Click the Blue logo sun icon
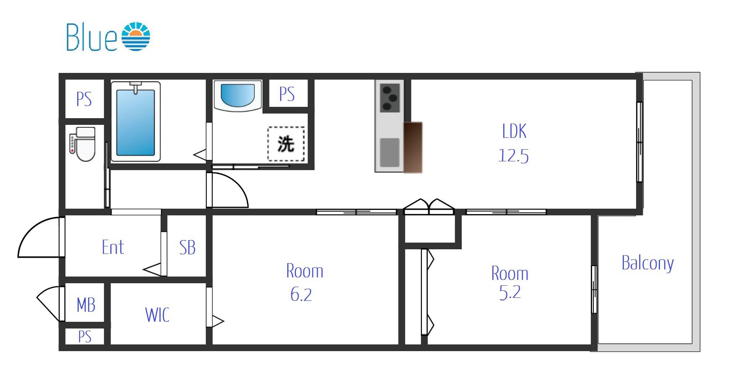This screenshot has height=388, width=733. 136,36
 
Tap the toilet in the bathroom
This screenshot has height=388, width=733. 83,144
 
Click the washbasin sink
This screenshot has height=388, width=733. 238,96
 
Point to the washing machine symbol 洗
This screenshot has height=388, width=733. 286,144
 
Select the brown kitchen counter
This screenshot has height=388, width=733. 413,147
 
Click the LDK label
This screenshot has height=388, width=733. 514,131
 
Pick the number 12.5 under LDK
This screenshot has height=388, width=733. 513,156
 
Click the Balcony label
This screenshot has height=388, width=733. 647,263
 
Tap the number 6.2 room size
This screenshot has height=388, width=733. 301,295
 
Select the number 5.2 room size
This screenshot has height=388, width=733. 510,292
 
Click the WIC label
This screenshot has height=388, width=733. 157,315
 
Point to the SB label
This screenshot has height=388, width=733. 187,248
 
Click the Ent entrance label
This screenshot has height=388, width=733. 113,247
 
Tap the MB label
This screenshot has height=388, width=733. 86,305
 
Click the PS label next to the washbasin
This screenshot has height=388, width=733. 287,94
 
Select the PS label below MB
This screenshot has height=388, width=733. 85,336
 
